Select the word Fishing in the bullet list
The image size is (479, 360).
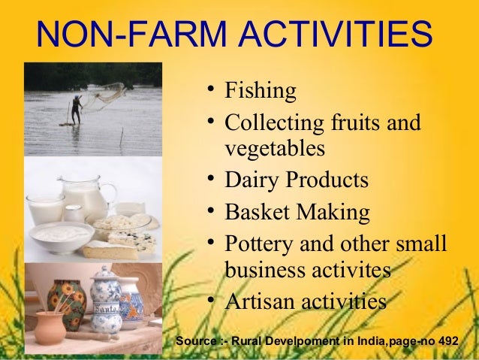260,92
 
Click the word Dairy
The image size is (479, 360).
252,181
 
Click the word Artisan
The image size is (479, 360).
259,301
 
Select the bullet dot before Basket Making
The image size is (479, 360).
213,211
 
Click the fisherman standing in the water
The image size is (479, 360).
75,109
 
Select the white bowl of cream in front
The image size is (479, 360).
60,235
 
